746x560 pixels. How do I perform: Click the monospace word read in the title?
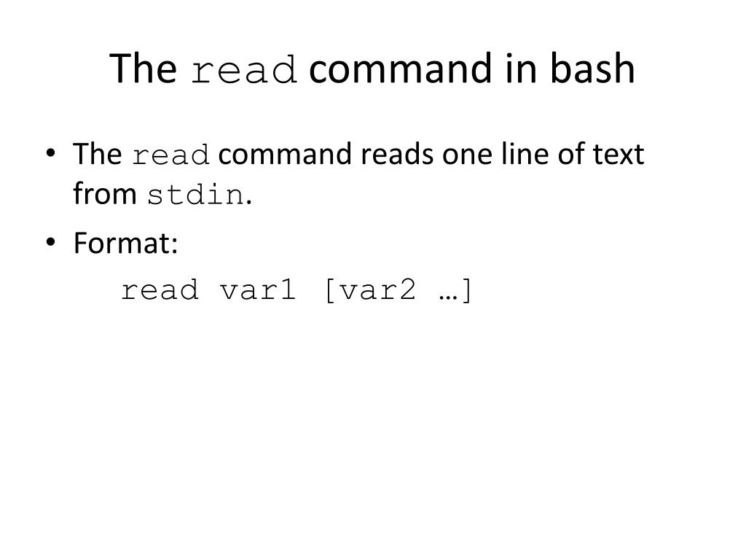coord(244,71)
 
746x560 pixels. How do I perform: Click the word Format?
coord(125,244)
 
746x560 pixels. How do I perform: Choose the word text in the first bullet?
coord(619,155)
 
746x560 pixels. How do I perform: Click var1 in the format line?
coord(259,290)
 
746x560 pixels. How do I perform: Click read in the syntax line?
coord(160,290)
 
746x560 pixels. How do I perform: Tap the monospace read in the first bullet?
coord(171,156)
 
